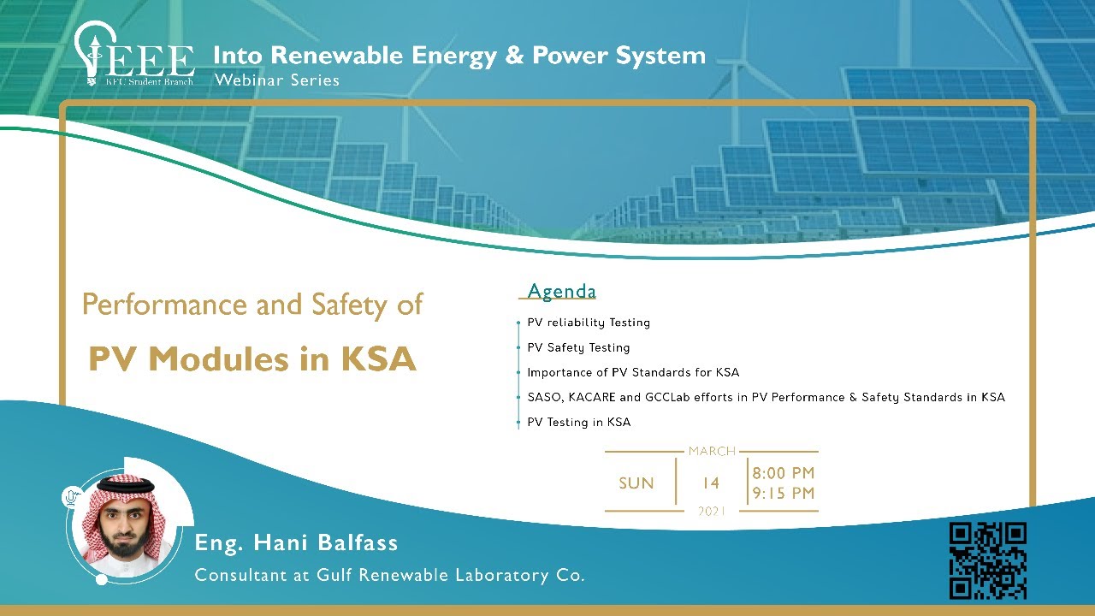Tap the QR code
[x=988, y=561]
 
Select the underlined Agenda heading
[x=561, y=292]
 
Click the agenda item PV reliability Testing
[x=589, y=323]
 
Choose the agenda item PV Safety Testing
[x=578, y=347]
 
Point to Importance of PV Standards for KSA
[x=633, y=372]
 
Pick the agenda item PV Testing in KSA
[x=578, y=423]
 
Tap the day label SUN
[x=636, y=483]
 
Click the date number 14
[x=711, y=483]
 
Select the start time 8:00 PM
[x=784, y=473]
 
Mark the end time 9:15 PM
[x=784, y=494]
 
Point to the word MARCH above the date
[x=712, y=451]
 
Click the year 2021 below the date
[x=712, y=512]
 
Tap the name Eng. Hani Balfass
[x=297, y=542]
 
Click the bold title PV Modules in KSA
[x=252, y=359]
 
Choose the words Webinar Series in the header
[x=276, y=80]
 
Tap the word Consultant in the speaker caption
[x=240, y=575]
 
